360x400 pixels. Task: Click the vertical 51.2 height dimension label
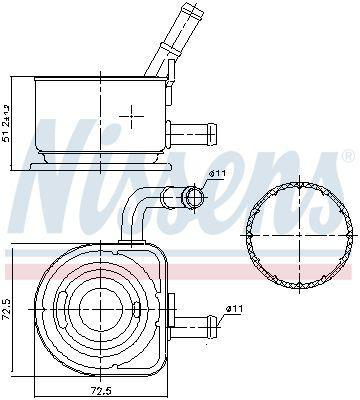tap(6, 123)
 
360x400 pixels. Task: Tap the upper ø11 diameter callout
tap(217, 173)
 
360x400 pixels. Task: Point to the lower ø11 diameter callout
tap(234, 309)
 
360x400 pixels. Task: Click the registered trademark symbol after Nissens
tap(348, 156)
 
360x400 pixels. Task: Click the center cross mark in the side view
tap(131, 116)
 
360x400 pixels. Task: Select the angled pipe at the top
tap(173, 38)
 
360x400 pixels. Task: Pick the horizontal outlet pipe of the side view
tap(192, 133)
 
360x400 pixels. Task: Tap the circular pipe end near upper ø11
tap(194, 197)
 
